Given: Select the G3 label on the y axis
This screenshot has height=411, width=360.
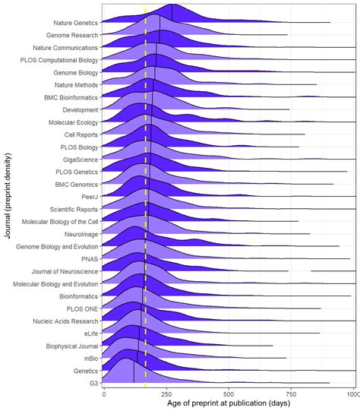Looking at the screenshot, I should point(93,383).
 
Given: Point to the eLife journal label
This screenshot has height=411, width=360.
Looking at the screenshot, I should point(89,333).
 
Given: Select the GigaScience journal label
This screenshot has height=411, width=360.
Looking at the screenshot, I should point(80,160).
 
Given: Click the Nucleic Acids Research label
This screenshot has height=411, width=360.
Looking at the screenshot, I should point(65,321).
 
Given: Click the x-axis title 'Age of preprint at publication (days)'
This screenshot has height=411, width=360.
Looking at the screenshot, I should point(228,403).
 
